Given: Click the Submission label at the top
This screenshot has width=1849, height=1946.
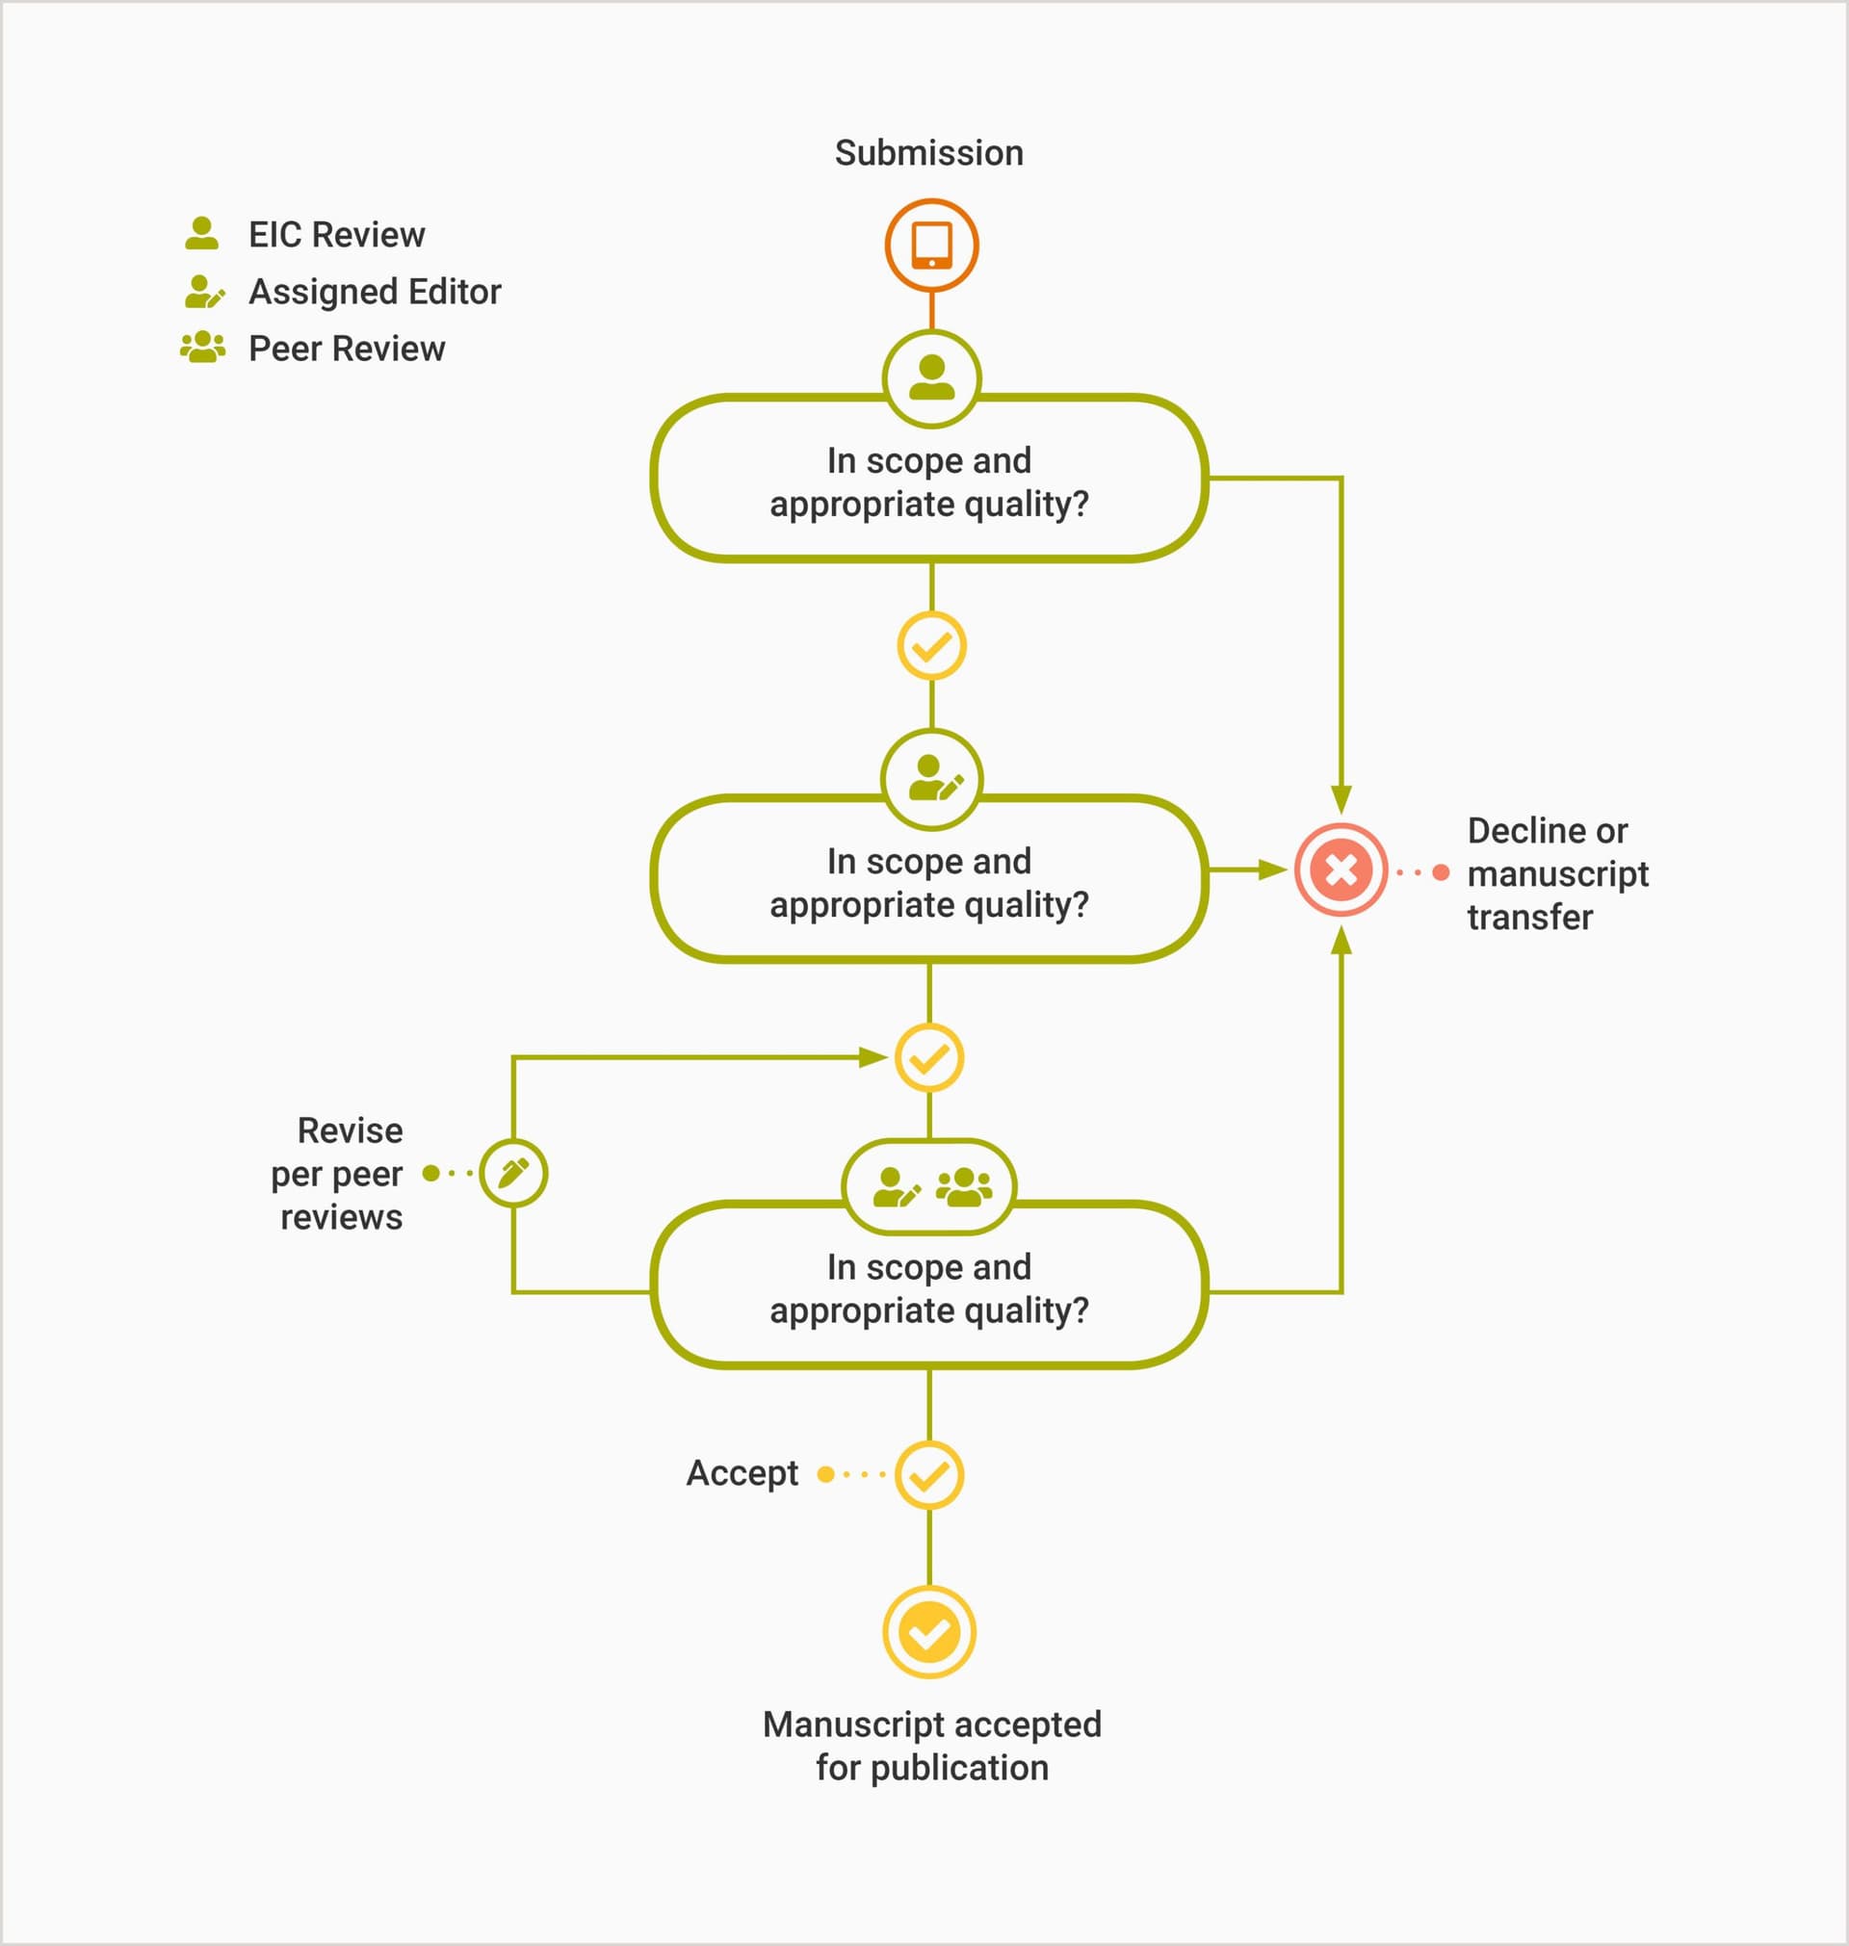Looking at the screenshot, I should click(x=928, y=154).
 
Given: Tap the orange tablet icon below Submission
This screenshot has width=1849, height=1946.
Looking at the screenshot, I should click(x=931, y=246).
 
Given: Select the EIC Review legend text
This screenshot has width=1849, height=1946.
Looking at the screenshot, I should click(x=336, y=236).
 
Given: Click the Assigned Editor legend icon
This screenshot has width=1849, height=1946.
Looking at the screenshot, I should click(x=204, y=292).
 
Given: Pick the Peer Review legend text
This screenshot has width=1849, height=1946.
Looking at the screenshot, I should click(x=346, y=349).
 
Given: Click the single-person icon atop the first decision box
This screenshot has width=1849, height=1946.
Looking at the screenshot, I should click(x=931, y=378).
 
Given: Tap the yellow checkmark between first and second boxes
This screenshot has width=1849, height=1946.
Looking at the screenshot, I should click(x=931, y=646).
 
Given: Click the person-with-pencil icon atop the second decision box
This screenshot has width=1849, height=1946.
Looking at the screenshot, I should click(x=931, y=779).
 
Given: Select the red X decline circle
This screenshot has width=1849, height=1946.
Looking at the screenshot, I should click(x=1341, y=870).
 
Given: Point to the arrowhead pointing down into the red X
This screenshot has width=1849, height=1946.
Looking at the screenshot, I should click(x=1341, y=798).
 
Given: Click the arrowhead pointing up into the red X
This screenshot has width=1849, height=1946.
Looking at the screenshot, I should click(x=1341, y=942).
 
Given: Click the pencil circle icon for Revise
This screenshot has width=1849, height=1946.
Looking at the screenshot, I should click(x=513, y=1173).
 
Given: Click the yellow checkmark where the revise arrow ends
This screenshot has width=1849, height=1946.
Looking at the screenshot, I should click(x=929, y=1058).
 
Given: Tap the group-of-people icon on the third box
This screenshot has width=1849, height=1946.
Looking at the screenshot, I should click(x=964, y=1186).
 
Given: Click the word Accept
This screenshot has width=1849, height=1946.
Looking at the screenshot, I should click(x=742, y=1474).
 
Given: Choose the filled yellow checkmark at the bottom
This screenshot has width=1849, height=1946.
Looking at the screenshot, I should click(x=929, y=1633).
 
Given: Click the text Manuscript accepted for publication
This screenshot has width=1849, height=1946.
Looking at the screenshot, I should click(x=931, y=1747).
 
